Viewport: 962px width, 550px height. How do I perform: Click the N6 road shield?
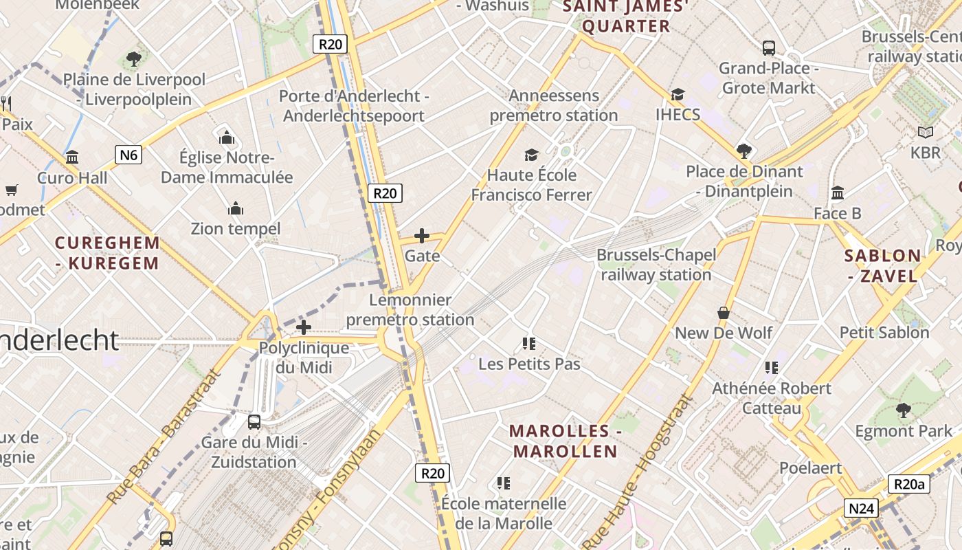point(128,155)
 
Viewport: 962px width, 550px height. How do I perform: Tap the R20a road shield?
point(909,484)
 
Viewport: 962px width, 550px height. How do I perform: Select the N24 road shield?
point(862,509)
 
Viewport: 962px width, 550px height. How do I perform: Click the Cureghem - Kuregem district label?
point(107,253)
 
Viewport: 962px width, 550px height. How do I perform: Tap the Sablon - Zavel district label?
point(883,266)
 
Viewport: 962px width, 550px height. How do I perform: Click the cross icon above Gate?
point(422,236)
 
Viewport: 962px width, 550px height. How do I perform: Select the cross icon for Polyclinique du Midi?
point(304,327)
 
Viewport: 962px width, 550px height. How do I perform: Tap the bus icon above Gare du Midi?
point(254,421)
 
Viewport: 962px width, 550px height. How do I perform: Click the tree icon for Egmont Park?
point(904,410)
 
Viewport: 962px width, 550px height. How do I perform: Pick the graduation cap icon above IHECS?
point(678,95)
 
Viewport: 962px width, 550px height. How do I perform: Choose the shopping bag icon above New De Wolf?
point(724,313)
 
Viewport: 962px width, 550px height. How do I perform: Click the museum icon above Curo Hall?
point(72,157)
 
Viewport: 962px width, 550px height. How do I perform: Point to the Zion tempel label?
point(236,228)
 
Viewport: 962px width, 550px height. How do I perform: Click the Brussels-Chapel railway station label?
point(656,265)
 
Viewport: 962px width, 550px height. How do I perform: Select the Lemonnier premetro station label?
point(410,309)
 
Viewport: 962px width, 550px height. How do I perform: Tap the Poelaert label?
point(810,467)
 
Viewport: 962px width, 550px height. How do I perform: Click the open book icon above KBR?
point(926,132)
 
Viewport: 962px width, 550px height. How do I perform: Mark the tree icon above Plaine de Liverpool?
point(134,58)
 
